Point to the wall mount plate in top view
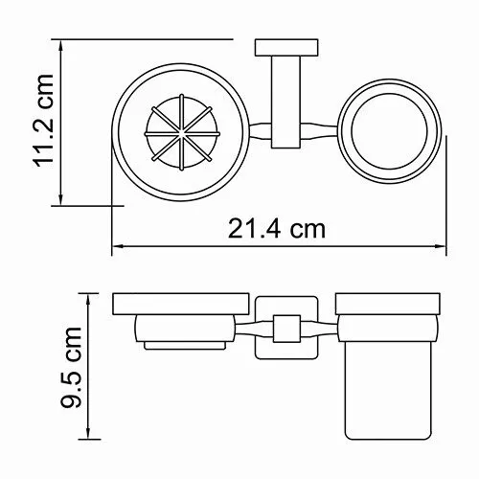[x=276, y=49]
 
